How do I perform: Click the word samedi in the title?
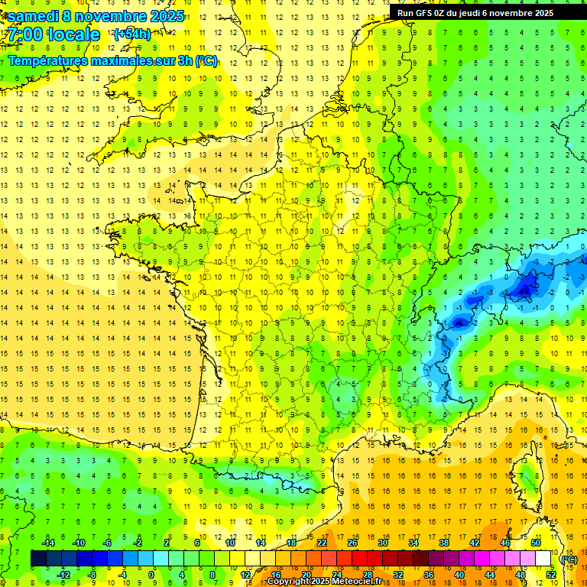35,16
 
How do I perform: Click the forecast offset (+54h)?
132,34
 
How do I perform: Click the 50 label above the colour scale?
536,543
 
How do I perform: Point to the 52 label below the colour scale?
551,575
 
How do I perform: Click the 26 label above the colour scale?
352,543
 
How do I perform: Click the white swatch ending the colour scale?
543,559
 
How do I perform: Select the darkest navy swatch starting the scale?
39,559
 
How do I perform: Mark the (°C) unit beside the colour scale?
569,559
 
